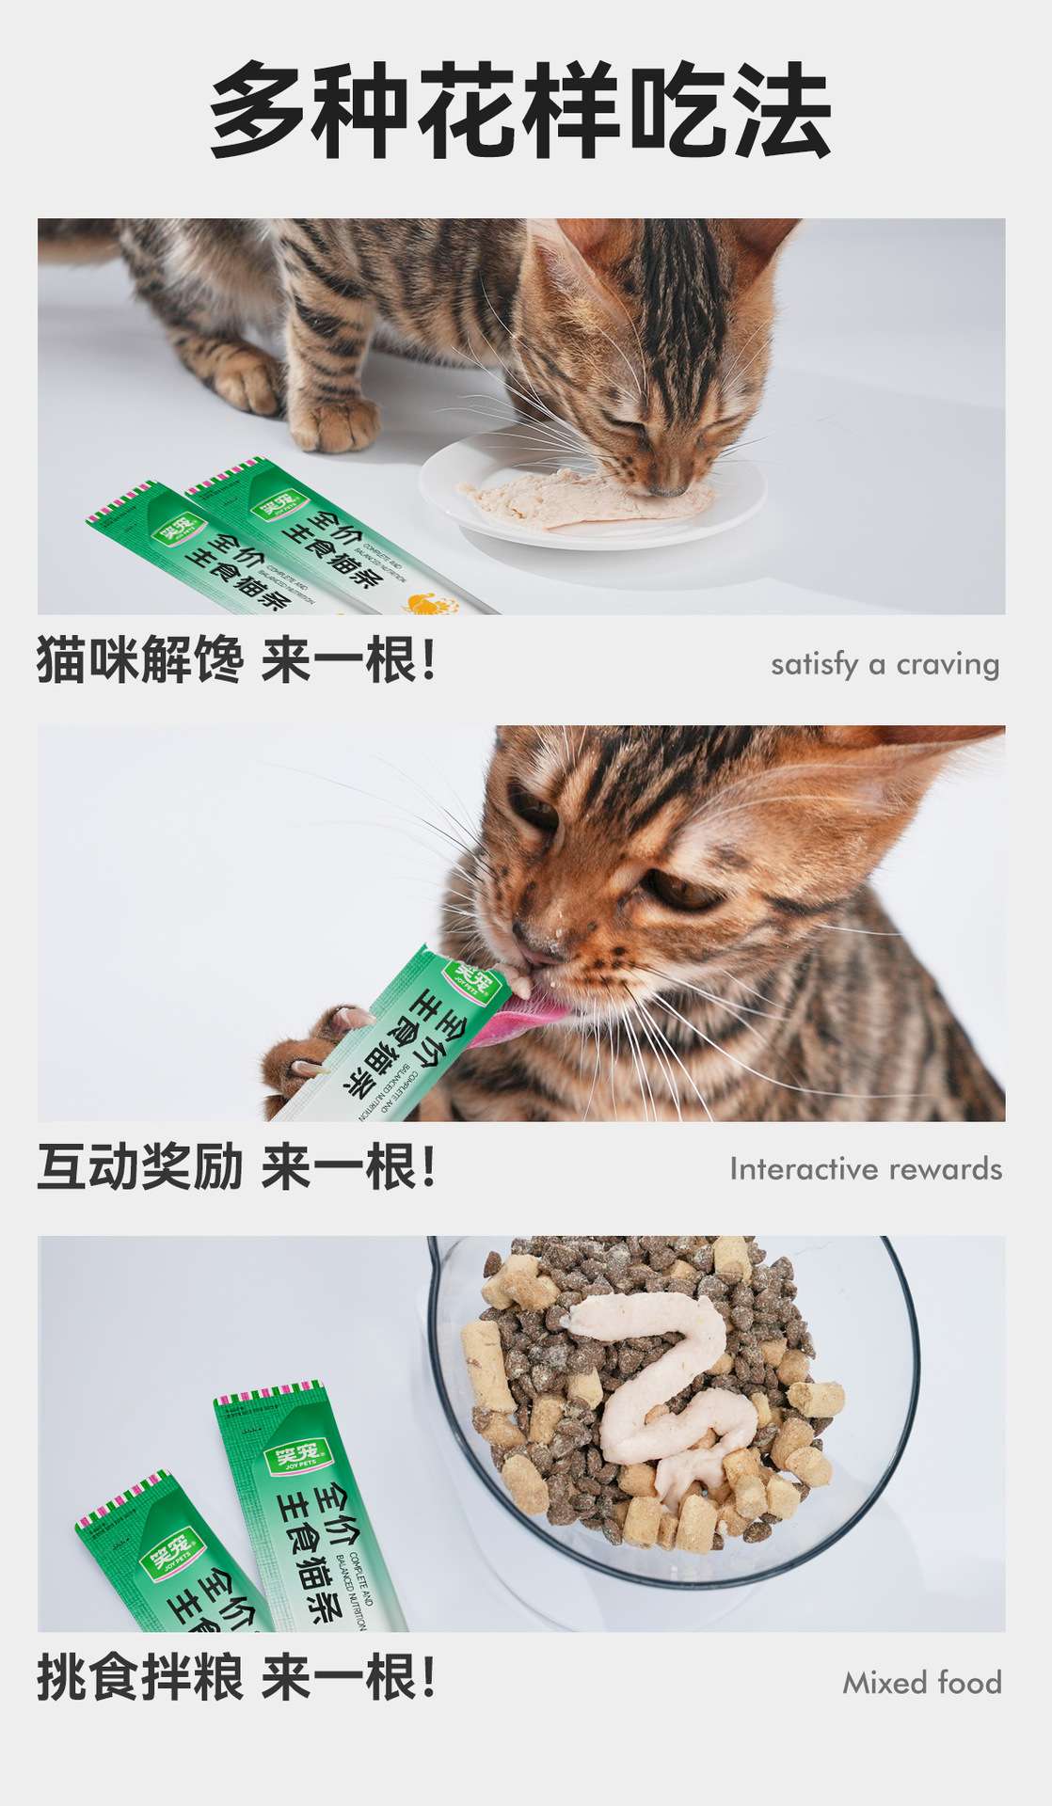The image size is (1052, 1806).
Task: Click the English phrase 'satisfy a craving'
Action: pos(885,664)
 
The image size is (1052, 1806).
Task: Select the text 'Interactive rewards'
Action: pos(866,1169)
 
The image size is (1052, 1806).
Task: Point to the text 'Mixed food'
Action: pos(921,1683)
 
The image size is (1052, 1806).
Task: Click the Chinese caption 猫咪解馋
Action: pos(139,659)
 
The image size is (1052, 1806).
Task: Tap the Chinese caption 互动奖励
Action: pos(139,1167)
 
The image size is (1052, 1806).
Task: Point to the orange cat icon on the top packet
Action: pos(433,603)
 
